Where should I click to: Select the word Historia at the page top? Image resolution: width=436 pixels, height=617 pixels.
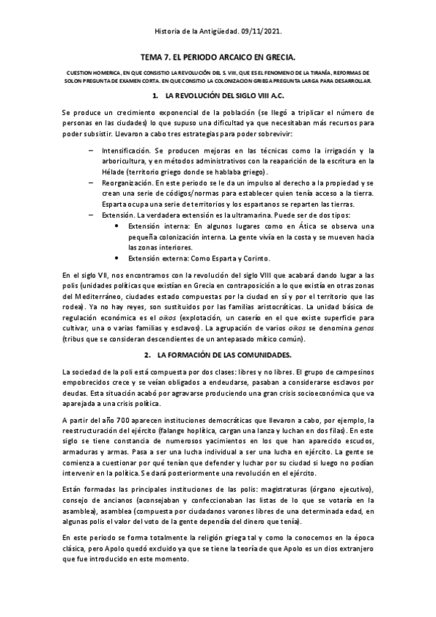pos(170,32)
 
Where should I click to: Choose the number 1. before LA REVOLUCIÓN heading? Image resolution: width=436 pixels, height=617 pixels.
pos(154,96)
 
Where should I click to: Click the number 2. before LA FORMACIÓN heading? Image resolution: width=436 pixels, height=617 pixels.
pos(148,354)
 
